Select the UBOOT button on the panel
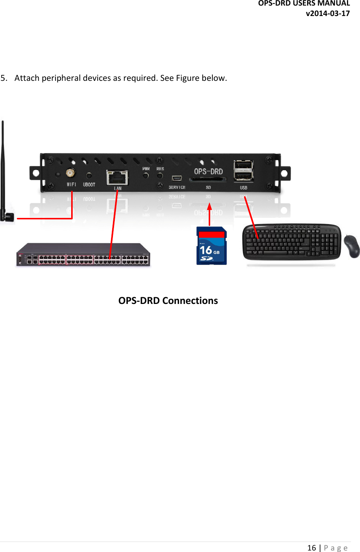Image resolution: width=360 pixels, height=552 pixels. (89, 175)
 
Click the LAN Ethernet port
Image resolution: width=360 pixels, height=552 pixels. (117, 177)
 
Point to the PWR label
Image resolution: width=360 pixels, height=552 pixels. (146, 169)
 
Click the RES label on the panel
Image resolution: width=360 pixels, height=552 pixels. (160, 169)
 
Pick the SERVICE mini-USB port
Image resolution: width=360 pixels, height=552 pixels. (177, 178)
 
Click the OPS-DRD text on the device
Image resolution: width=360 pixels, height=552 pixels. (208, 172)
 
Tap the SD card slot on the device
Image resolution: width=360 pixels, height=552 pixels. (208, 180)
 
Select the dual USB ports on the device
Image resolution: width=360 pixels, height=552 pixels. (243, 171)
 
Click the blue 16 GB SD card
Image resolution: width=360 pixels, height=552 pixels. (211, 246)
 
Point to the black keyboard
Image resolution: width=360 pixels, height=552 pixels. (291, 242)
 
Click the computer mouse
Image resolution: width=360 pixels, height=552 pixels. (351, 246)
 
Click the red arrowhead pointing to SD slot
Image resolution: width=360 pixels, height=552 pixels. (209, 207)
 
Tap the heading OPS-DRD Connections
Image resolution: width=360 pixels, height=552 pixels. (168, 301)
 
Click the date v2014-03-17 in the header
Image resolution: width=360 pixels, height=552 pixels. (328, 13)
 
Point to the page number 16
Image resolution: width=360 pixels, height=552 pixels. (312, 548)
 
